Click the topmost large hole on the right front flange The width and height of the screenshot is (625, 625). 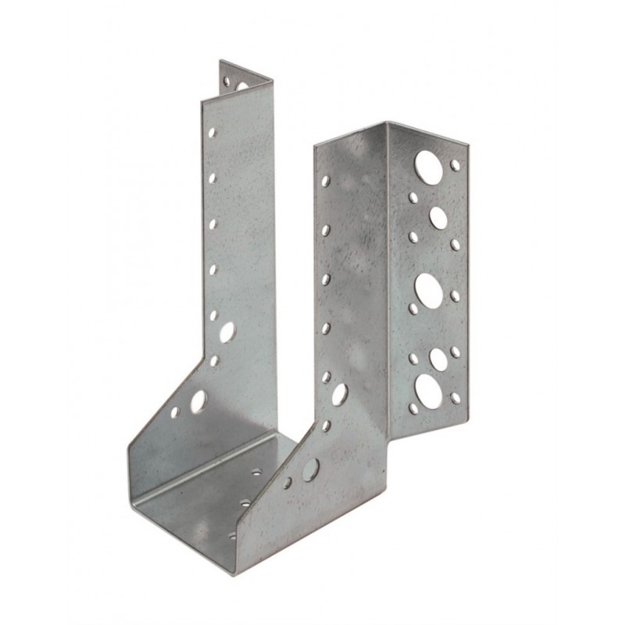(427, 165)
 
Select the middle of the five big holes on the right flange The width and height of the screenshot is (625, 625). (427, 288)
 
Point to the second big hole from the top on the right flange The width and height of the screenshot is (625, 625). (437, 217)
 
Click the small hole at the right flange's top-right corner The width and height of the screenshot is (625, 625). (455, 165)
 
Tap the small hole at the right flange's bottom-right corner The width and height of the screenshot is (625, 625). (455, 398)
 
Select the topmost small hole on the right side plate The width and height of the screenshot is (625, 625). (326, 181)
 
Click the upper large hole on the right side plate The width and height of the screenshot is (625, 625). (340, 393)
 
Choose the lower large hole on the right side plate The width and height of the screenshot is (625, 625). (310, 469)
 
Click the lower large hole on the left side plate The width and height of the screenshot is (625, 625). (198, 400)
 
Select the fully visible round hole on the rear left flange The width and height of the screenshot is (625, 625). (227, 80)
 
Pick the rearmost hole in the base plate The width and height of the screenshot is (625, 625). (257, 473)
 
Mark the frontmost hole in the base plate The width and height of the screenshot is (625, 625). (232, 536)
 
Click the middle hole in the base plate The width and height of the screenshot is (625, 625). (245, 504)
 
